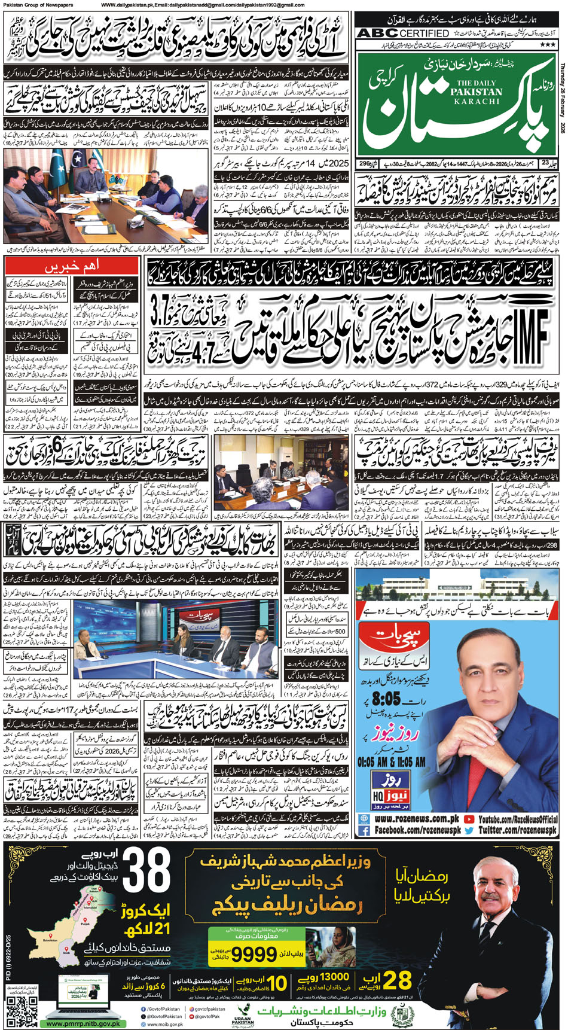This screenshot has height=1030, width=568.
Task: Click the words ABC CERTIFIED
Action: coord(402,33)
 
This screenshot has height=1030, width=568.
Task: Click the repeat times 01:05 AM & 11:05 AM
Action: coord(392,762)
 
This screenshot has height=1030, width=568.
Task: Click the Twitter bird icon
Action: coord(469,830)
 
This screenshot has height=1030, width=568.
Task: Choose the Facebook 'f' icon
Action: coord(363,830)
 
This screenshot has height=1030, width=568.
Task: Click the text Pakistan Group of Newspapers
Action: coord(37,5)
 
